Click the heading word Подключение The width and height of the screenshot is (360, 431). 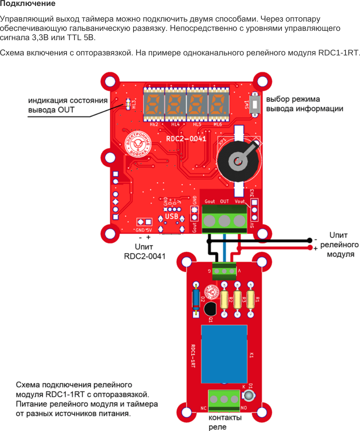[28, 4]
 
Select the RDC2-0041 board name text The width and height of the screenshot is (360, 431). [186, 139]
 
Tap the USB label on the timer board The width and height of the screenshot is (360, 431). [171, 216]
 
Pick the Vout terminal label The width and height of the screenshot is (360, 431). [240, 201]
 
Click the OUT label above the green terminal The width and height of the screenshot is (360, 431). [224, 201]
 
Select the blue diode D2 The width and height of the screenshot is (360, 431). [195, 299]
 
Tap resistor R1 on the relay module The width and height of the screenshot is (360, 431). [251, 299]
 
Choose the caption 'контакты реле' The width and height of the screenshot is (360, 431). [225, 422]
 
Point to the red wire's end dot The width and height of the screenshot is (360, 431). [310, 247]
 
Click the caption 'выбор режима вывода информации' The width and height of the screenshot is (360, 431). [304, 104]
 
